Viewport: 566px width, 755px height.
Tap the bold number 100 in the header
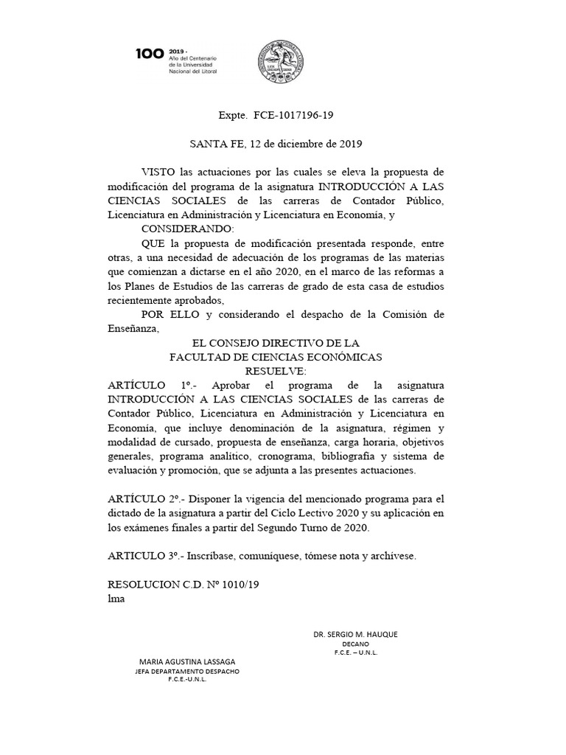click(150, 54)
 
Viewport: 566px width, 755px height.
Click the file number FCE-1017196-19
click(298, 116)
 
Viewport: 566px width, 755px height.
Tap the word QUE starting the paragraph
click(152, 243)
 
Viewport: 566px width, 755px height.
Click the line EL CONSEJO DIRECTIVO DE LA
click(275, 343)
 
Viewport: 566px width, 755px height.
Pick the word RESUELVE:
click(275, 371)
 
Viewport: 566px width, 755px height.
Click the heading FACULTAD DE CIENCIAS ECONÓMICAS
click(276, 357)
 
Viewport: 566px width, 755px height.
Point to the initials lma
click(116, 598)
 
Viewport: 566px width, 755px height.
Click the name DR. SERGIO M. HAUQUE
click(355, 634)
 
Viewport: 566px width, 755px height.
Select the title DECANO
click(355, 644)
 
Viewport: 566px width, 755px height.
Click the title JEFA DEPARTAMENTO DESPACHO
click(187, 671)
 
